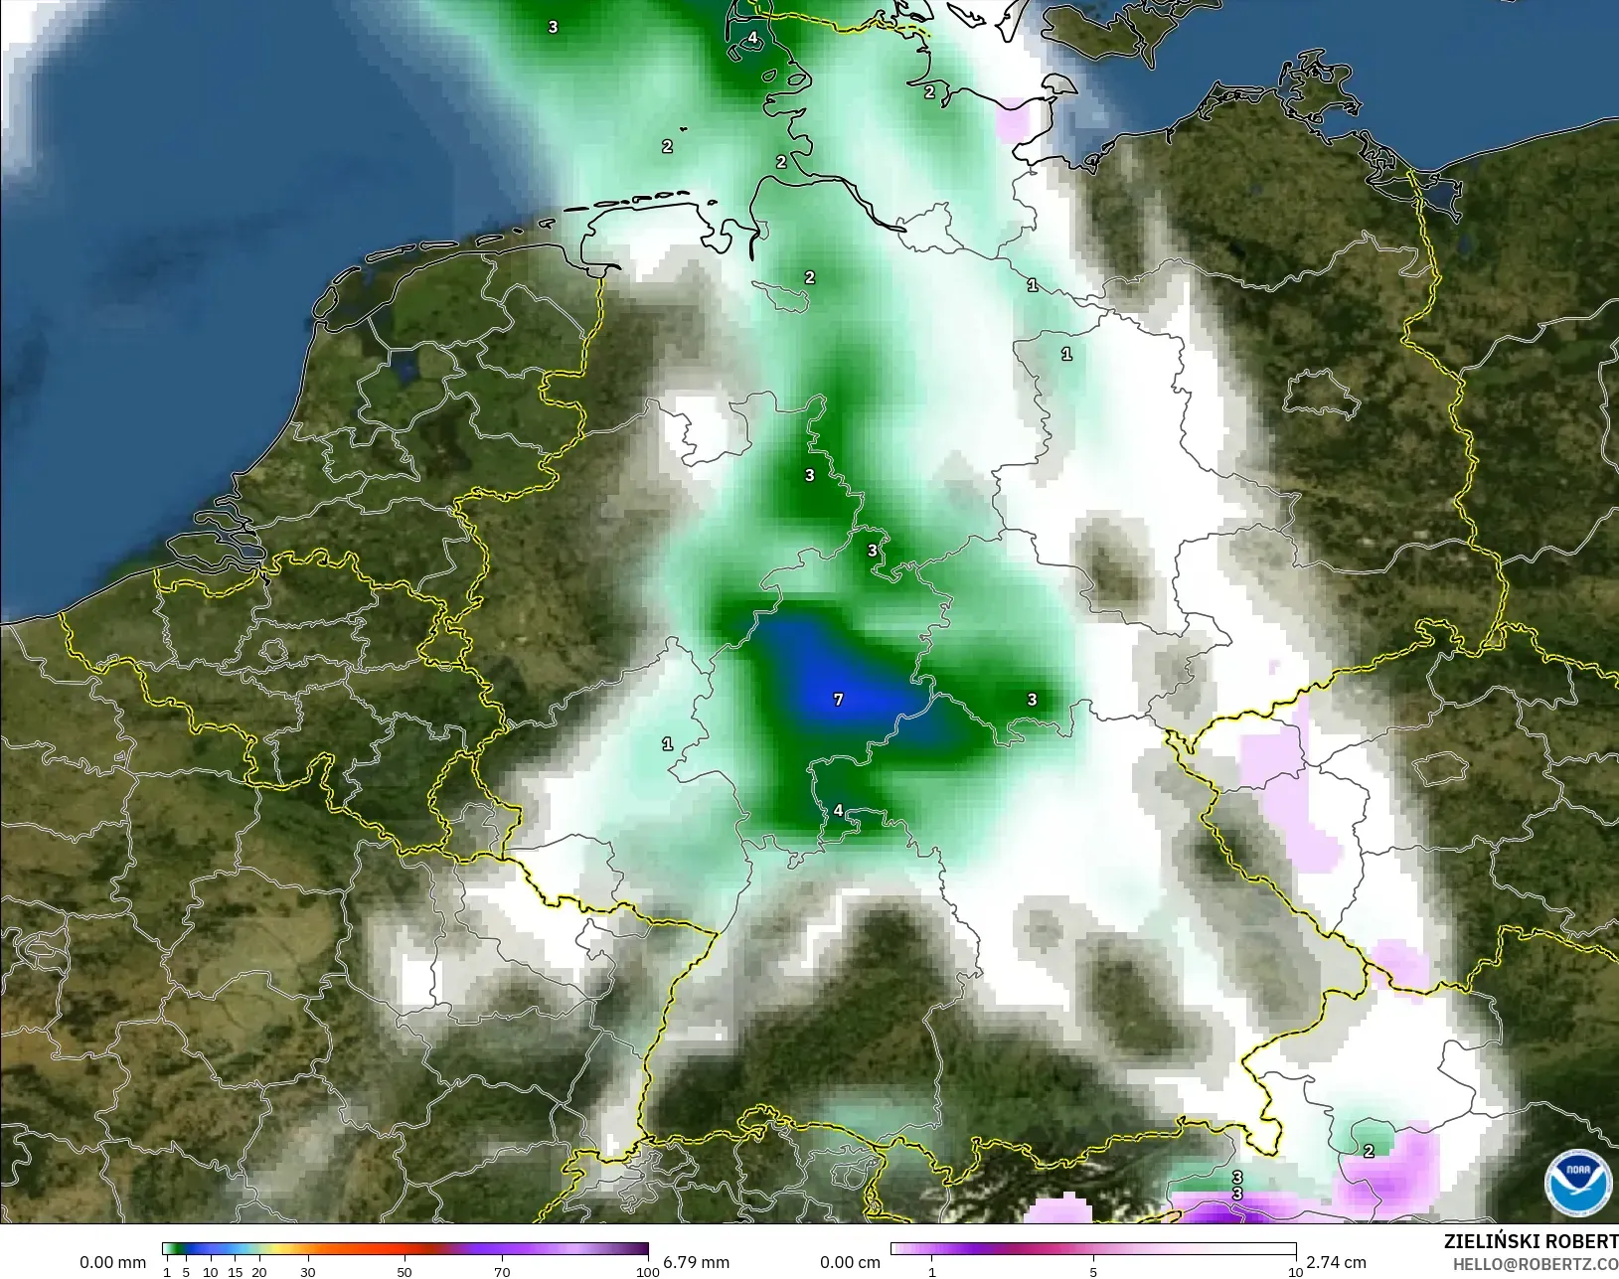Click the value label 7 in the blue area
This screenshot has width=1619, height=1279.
(x=838, y=700)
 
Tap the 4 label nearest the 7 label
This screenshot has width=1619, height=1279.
(x=838, y=811)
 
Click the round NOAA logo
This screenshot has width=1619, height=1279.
(x=1577, y=1181)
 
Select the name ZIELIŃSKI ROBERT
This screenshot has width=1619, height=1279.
(x=1531, y=1241)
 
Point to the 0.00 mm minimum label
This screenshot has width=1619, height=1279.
(x=112, y=1262)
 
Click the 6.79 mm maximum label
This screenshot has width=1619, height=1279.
(x=696, y=1262)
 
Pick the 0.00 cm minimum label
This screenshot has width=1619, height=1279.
(x=850, y=1262)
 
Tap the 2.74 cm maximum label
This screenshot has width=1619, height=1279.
(x=1336, y=1262)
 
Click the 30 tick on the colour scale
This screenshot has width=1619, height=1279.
(x=308, y=1272)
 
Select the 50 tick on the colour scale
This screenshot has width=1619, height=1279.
(x=405, y=1272)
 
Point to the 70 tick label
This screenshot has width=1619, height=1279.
(x=502, y=1272)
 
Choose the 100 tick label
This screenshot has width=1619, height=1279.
(x=647, y=1272)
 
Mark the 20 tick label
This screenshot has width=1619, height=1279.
(x=259, y=1272)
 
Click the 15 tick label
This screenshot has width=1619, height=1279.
(x=235, y=1272)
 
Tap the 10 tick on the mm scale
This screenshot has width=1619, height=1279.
(x=211, y=1272)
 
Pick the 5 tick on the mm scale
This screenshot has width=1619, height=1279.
(x=186, y=1272)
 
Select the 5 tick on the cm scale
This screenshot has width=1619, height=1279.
(x=1093, y=1272)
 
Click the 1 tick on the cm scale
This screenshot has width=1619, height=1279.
(x=931, y=1272)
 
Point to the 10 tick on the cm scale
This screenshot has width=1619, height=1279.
(x=1295, y=1272)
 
